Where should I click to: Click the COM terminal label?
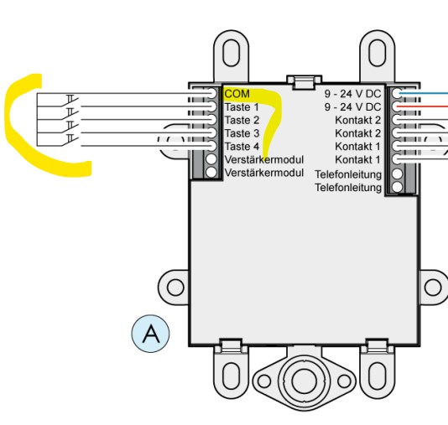(x=237, y=94)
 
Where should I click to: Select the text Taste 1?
(x=242, y=107)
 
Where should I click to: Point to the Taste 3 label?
(x=242, y=133)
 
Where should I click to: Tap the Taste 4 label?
(x=242, y=147)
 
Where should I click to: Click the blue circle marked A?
(x=150, y=334)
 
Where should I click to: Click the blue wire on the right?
(x=424, y=93)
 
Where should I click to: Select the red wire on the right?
(x=424, y=106)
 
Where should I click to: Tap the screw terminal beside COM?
(x=211, y=93)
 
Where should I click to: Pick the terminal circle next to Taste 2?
(x=211, y=120)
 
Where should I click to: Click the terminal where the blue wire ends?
(x=397, y=93)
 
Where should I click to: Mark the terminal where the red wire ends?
(x=397, y=106)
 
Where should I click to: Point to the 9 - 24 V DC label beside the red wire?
(x=352, y=107)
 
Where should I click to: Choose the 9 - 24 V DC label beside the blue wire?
(x=352, y=94)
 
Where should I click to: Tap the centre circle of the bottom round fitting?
(x=304, y=381)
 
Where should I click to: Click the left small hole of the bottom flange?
(x=263, y=381)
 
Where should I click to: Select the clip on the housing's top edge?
(x=305, y=81)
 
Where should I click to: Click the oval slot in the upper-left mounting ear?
(x=231, y=53)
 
